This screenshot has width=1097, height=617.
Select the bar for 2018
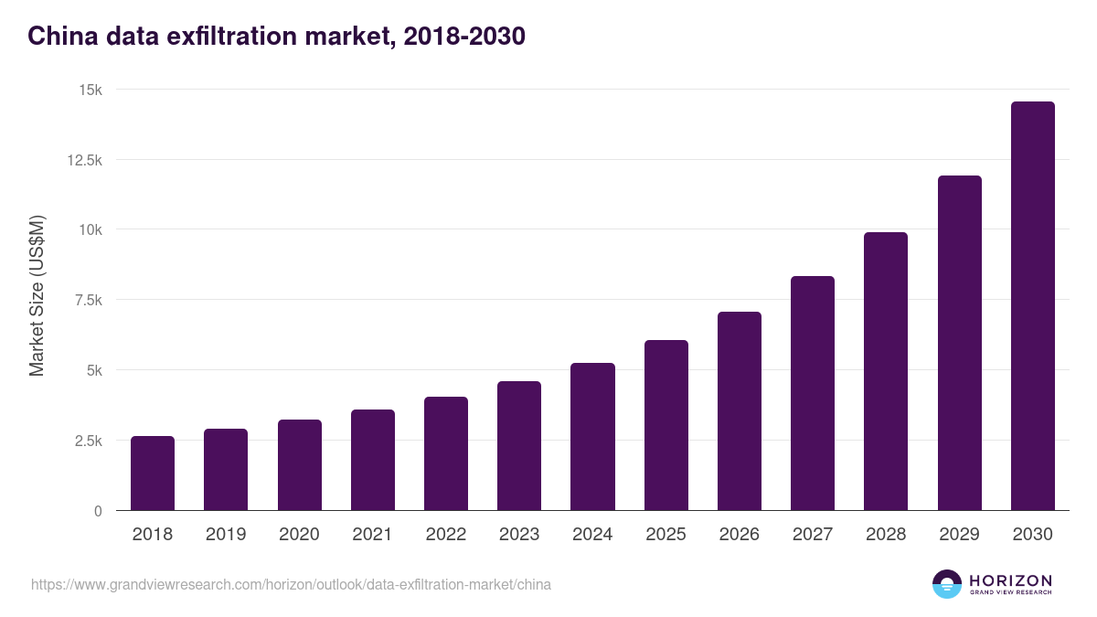click(x=153, y=473)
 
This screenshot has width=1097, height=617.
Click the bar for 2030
click(x=1032, y=306)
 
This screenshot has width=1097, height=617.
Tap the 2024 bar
click(x=592, y=437)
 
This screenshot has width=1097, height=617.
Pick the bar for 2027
click(x=813, y=393)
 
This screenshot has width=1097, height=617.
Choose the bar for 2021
click(x=373, y=460)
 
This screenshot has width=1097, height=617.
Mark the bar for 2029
click(x=959, y=343)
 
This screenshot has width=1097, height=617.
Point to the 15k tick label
click(x=90, y=90)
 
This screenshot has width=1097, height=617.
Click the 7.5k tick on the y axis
click(x=87, y=300)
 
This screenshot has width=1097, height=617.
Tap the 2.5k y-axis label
click(x=87, y=441)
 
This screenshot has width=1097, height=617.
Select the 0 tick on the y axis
click(x=98, y=511)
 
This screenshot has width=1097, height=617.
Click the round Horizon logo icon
click(x=947, y=584)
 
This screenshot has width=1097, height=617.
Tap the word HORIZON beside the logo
click(x=1010, y=580)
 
